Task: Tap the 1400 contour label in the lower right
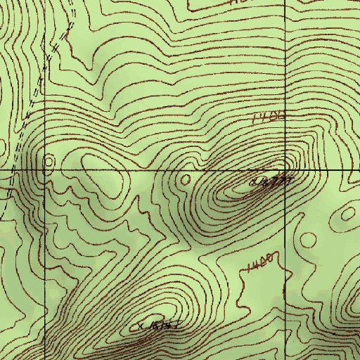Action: pos(259,264)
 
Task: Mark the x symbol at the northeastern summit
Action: pos(254,184)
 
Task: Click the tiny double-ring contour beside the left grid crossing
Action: pos(48,163)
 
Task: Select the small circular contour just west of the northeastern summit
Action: pos(186,179)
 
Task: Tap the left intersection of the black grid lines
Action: pos(44,170)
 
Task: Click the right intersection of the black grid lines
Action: pos(285,170)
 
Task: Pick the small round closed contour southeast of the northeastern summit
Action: pos(308,240)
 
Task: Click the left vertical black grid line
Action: pos(44,267)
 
